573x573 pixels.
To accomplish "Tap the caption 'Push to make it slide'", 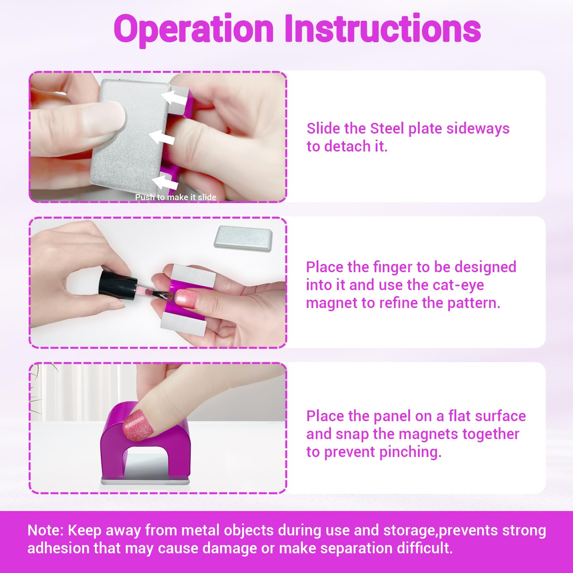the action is [175, 197].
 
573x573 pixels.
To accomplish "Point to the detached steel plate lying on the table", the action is [243, 237].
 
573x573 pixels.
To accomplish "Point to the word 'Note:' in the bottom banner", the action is [45, 530].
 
